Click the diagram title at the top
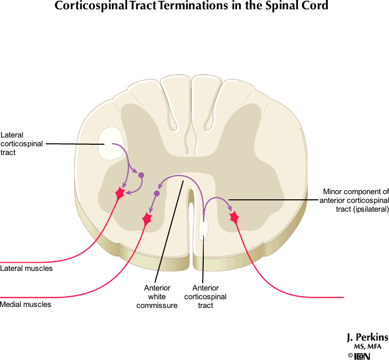point(194,7)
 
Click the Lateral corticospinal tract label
point(22,144)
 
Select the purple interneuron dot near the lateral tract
point(141,175)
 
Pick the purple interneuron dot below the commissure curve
point(157,194)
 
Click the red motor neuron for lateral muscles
point(120,193)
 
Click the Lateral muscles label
point(26,268)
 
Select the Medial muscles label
point(26,304)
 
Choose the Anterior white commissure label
point(157,297)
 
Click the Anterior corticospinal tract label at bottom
point(205,297)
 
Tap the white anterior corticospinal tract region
point(204,227)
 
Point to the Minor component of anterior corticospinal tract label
point(353,200)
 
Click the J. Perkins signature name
point(367,337)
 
